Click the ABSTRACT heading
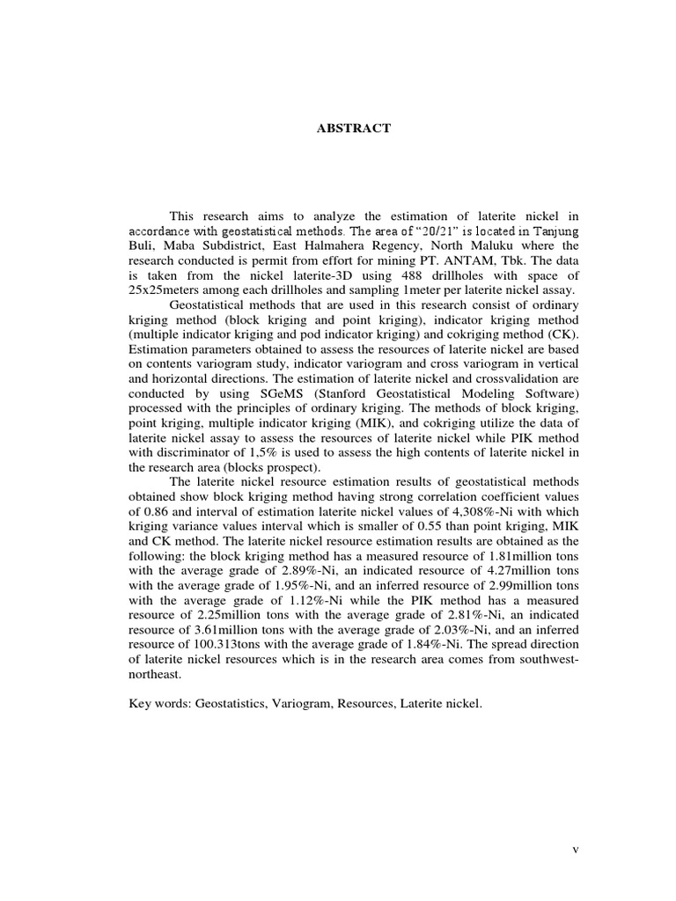[353, 128]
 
